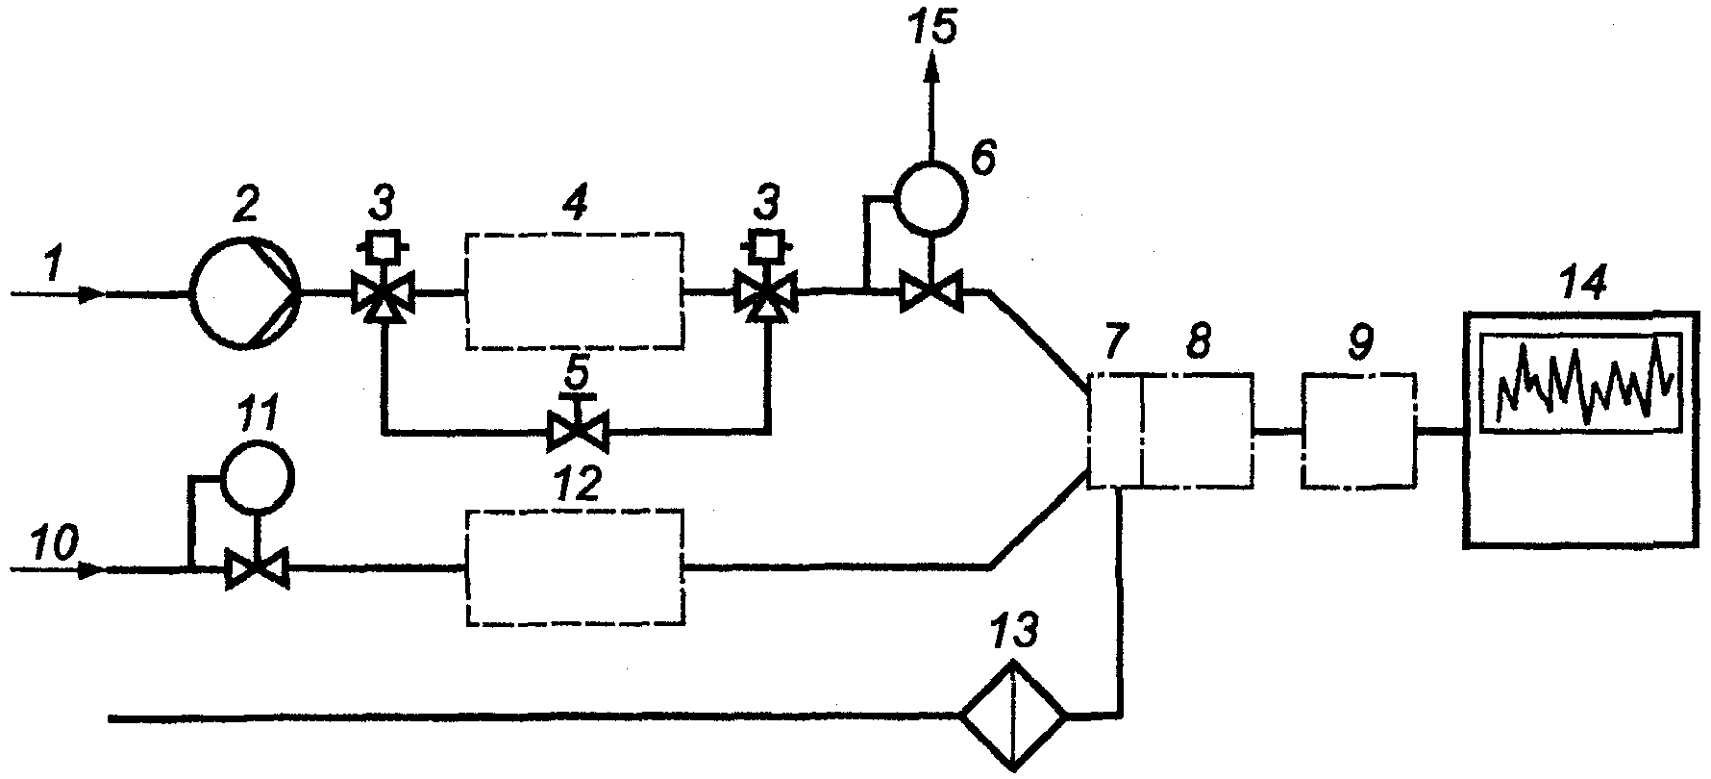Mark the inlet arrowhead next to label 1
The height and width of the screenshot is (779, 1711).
(x=91, y=293)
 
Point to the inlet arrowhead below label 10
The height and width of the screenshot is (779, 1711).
(x=91, y=570)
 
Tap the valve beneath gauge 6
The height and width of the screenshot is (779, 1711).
(x=930, y=291)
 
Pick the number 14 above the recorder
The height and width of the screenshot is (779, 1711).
(x=1581, y=285)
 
